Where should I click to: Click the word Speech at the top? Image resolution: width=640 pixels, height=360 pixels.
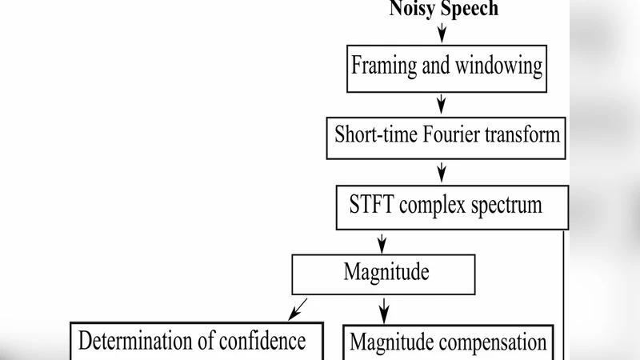pos(470,9)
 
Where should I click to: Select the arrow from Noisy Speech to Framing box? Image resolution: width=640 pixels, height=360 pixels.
pos(442,31)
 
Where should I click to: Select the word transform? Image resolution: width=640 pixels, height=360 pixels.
pos(522,134)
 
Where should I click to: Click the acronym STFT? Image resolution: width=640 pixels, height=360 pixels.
pos(373,205)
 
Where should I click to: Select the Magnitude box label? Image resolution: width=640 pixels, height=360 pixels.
pos(386,272)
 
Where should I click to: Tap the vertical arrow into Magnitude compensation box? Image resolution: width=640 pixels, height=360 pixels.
pos(383,308)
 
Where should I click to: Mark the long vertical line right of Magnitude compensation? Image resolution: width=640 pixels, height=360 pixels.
pos(565,296)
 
